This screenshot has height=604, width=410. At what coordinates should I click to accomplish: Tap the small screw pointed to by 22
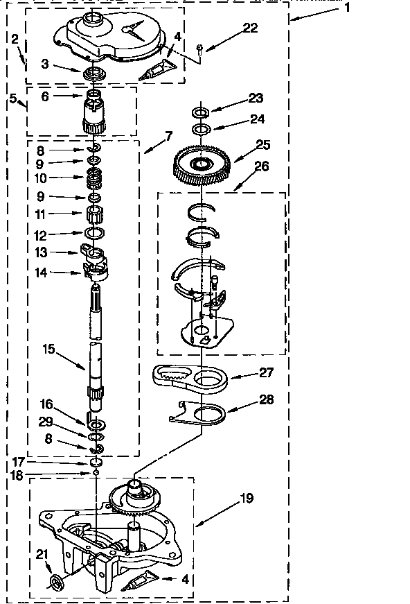click(200, 48)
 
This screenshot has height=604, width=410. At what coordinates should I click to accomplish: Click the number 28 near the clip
click(267, 399)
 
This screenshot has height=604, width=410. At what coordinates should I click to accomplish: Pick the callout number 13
click(41, 253)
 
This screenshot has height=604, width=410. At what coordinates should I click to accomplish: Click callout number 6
click(46, 96)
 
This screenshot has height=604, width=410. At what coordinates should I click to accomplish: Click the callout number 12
click(41, 234)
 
